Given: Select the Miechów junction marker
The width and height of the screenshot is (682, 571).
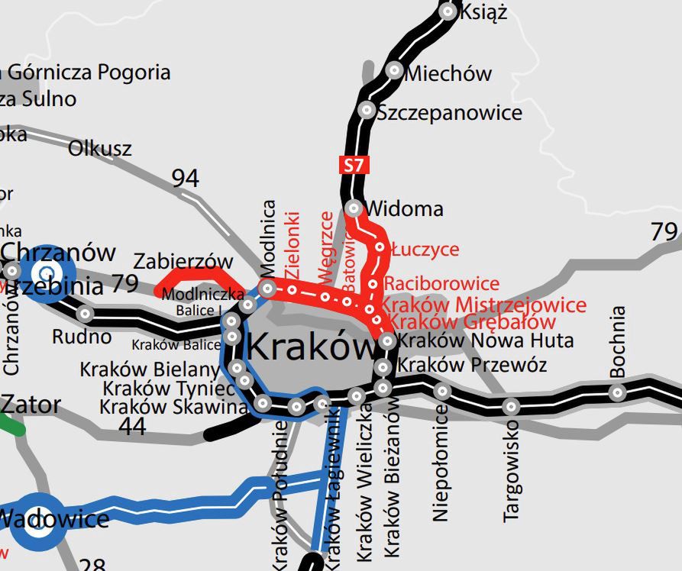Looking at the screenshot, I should tap(394, 69).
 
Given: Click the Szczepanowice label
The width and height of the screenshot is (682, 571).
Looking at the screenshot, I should tap(450, 113).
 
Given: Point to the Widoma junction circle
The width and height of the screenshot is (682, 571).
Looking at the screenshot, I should tap(354, 208).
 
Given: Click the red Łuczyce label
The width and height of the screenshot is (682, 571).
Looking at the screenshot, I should tap(425, 250).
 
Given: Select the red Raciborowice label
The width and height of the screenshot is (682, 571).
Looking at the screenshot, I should tap(441, 284).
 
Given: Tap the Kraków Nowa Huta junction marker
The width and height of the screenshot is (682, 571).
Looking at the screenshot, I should tap(387, 340).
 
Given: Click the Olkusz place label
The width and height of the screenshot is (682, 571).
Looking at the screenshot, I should tap(100, 148).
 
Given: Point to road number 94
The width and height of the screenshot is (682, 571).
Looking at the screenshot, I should tap(185, 179).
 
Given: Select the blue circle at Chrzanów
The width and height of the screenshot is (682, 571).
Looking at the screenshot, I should tap(47, 273).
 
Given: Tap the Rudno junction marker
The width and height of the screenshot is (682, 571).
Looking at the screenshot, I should tap(86, 314).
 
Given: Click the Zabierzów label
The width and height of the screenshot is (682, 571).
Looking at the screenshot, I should tap(183, 261).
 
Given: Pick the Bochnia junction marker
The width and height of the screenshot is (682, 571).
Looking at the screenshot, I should tap(617, 393).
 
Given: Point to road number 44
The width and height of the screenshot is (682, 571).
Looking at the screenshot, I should tap(133, 426).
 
